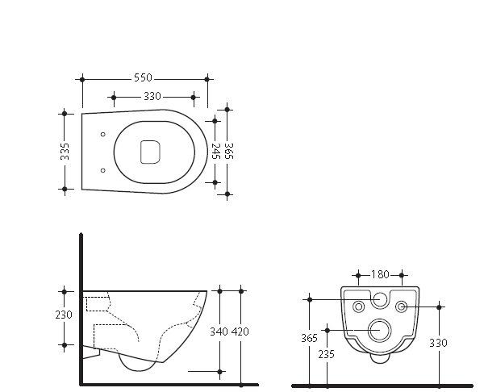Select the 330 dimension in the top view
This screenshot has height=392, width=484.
coord(152,97)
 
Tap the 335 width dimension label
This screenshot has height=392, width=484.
coord(65,151)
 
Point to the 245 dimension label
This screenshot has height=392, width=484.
coord(215,151)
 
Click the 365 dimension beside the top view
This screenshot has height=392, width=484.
coord(228,151)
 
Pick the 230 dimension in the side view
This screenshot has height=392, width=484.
coord(65,315)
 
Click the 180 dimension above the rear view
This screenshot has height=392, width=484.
coord(381,274)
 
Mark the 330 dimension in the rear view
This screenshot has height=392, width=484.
coord(438,342)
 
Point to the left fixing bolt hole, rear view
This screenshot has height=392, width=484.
coord(359,307)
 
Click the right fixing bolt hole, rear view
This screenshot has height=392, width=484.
coord(402,307)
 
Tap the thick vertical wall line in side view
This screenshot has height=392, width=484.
coord(80,307)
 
